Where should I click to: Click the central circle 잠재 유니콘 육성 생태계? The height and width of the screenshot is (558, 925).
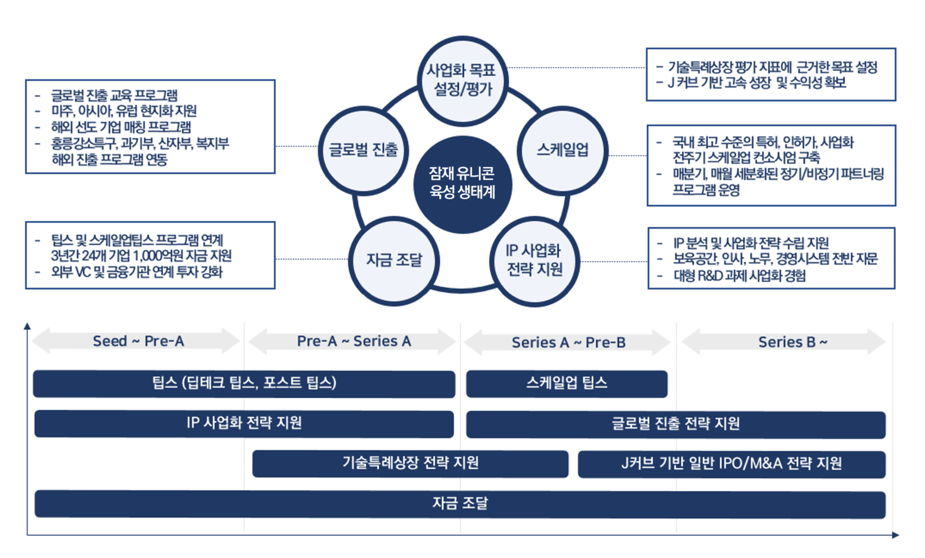(x=462, y=185)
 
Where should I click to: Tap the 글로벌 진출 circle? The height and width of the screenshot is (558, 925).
(x=364, y=150)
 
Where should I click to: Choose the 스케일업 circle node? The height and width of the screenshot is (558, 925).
(x=562, y=150)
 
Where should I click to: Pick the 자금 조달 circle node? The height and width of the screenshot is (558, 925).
(x=394, y=260)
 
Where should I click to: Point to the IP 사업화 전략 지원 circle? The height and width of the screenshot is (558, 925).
(x=534, y=260)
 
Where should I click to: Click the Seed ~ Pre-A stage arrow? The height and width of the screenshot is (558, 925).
(x=137, y=341)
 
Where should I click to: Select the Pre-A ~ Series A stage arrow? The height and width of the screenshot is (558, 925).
(x=353, y=341)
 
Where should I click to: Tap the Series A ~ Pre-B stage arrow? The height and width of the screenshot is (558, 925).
(x=568, y=342)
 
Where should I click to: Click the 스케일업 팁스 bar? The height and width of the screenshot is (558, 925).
(x=567, y=384)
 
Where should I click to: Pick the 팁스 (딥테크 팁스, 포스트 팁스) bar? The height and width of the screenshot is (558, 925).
(x=244, y=384)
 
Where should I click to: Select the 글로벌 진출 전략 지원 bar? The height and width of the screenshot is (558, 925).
(x=675, y=424)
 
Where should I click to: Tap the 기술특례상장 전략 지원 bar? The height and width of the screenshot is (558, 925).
(x=410, y=464)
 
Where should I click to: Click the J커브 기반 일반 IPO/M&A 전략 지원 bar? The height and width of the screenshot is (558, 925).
(x=731, y=464)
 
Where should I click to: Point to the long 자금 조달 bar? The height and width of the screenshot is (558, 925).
(x=460, y=504)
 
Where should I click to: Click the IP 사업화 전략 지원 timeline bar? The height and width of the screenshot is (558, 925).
(x=244, y=424)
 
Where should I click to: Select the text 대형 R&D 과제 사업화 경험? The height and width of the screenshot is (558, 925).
(x=740, y=276)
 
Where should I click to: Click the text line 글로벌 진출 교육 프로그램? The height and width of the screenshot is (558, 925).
(x=114, y=95)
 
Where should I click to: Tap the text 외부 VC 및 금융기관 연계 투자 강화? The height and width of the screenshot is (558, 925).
(x=137, y=272)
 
